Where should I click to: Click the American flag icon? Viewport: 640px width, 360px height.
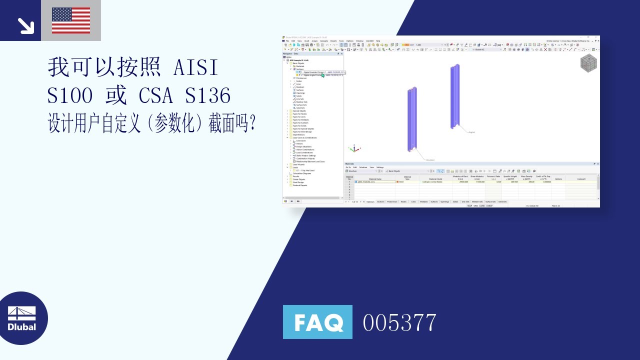click(x=71, y=20)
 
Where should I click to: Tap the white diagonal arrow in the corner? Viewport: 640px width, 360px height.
click(x=25, y=25)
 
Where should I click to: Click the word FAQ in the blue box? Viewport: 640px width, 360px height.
click(x=317, y=322)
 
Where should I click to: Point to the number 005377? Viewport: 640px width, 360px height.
click(x=399, y=322)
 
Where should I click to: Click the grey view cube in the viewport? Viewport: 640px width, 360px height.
click(x=588, y=63)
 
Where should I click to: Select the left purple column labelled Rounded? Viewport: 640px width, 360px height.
click(x=411, y=120)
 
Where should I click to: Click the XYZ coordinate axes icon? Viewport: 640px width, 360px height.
click(x=353, y=148)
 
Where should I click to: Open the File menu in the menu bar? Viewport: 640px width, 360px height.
click(x=287, y=41)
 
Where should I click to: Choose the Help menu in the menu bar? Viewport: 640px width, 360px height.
click(x=378, y=41)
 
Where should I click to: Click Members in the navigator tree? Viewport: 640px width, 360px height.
click(x=300, y=87)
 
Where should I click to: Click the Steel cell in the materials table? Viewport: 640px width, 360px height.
click(x=401, y=182)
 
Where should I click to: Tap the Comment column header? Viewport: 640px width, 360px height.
click(x=581, y=178)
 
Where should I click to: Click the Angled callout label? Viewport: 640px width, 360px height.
click(x=471, y=132)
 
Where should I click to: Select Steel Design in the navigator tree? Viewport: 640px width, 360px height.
click(x=298, y=182)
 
